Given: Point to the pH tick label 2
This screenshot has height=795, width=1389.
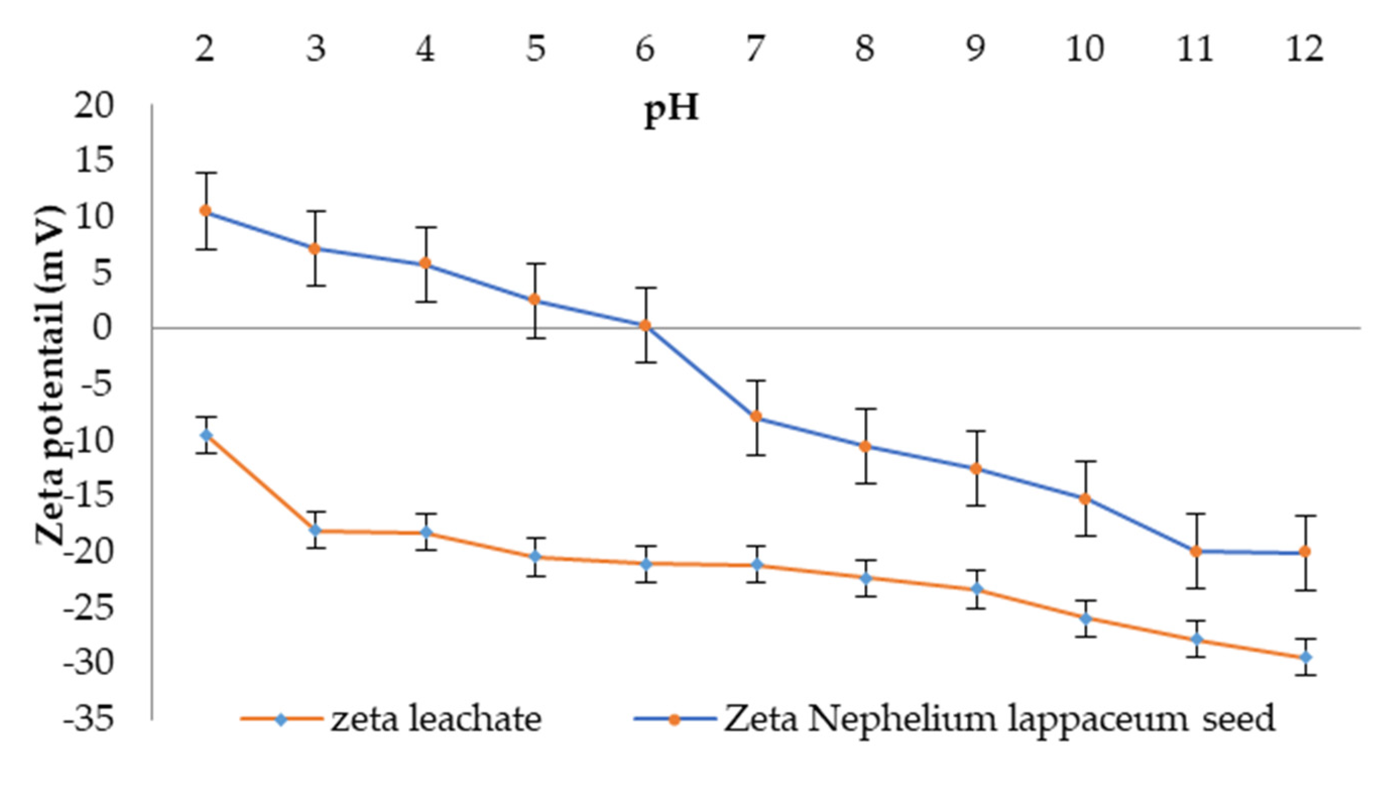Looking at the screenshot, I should pos(205,48).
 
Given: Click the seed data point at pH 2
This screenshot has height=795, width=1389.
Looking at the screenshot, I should pos(205,211).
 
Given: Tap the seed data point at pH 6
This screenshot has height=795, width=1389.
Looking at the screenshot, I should pos(645,326).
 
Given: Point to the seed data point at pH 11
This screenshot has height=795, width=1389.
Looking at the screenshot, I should pos(1196,552).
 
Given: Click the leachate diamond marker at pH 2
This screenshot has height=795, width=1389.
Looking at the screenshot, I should pos(206,435).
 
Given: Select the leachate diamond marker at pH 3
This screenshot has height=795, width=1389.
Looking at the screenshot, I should pos(316,530).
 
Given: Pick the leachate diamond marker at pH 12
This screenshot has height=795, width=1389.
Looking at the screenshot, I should pos(1305,657).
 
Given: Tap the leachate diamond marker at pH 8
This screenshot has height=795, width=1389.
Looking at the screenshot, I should pos(865,578).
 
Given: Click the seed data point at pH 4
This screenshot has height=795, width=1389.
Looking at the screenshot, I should pos(426,264).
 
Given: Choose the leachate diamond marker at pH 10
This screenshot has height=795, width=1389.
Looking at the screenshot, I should pos(1086,619).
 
